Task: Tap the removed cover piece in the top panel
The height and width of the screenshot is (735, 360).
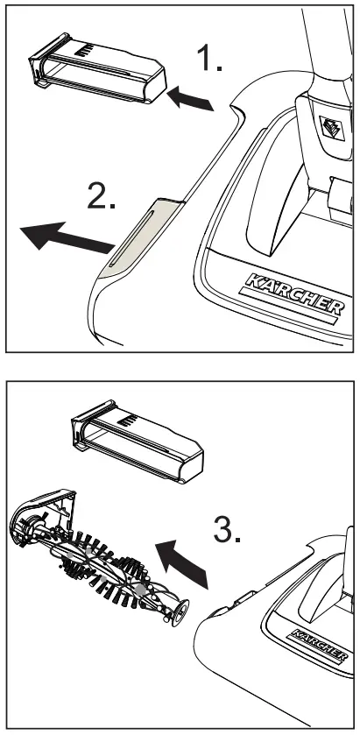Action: pos(96,74)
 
